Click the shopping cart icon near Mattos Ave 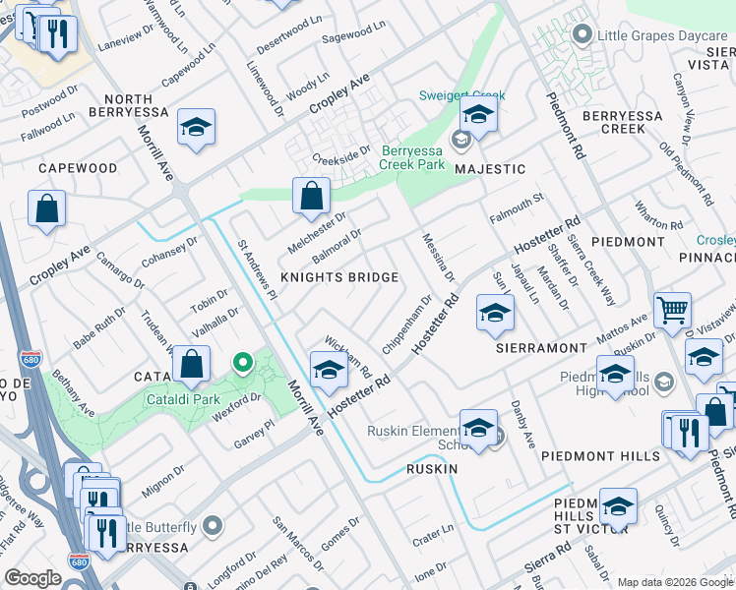click(672, 311)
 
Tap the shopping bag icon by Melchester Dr click(311, 196)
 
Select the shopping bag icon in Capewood click(46, 208)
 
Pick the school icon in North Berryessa click(197, 128)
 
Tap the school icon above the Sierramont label click(495, 314)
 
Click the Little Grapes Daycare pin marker click(582, 36)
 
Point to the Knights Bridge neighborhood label click(339, 277)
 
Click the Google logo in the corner click(32, 578)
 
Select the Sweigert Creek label click(461, 95)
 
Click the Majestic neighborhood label click(489, 169)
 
